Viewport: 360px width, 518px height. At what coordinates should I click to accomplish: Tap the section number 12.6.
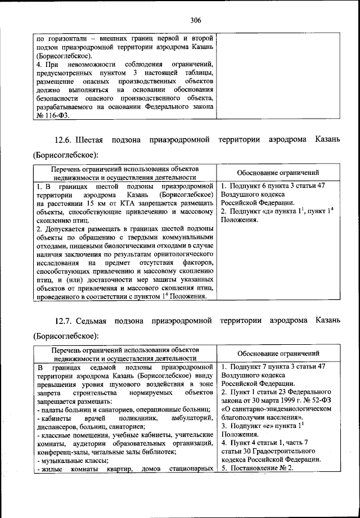63,139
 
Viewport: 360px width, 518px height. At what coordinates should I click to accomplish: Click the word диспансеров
58,426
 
